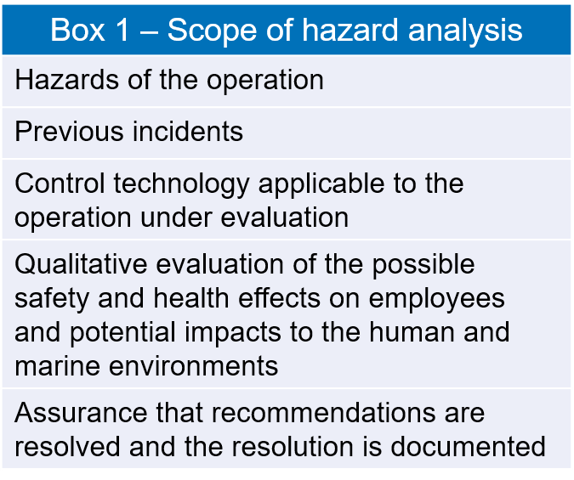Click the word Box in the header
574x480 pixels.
(77, 30)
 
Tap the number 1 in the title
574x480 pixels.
(122, 30)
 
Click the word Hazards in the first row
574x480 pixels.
(66, 79)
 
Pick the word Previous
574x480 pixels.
(69, 132)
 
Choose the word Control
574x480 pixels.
(60, 183)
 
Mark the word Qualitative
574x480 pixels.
(81, 263)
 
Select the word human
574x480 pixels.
(412, 332)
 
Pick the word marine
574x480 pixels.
(58, 366)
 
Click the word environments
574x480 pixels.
(194, 366)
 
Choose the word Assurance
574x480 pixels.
(81, 413)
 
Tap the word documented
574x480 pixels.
(469, 447)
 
